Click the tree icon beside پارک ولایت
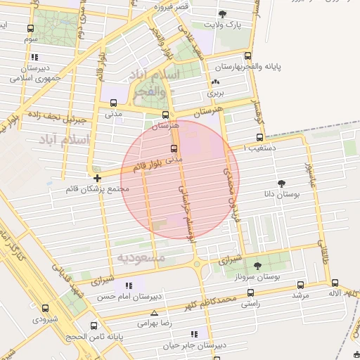coord(223,14)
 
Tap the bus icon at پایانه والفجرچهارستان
coord(247,56)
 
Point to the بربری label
coord(214,93)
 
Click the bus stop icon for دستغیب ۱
coord(260,137)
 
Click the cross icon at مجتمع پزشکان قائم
coord(96,179)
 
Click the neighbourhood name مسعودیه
coord(142,258)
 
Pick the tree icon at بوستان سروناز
coord(257,266)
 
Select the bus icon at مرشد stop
coord(300,285)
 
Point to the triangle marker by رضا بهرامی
coord(154,314)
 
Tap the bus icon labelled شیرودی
coord(46,308)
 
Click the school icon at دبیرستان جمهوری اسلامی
coord(35,57)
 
